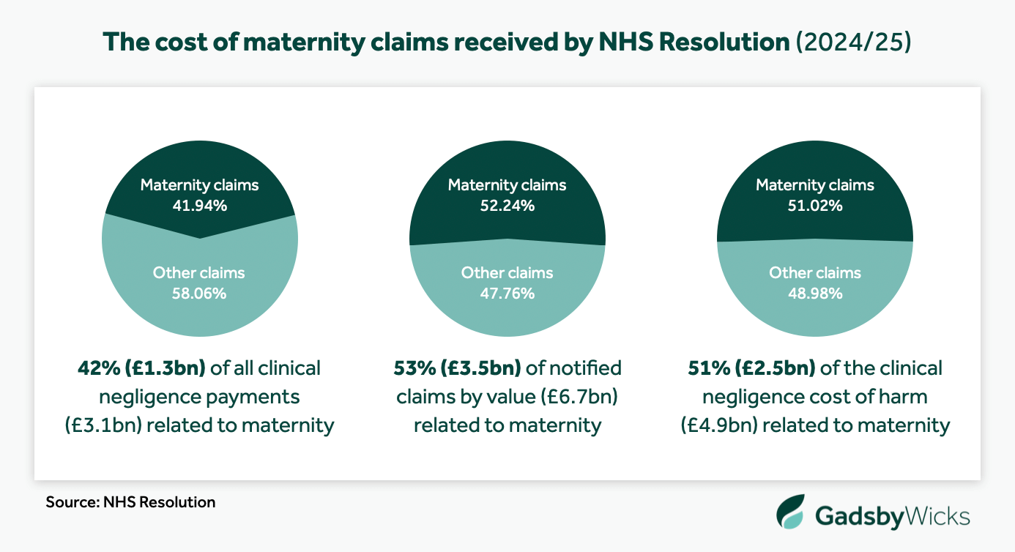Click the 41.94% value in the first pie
199,206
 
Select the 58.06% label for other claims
199,294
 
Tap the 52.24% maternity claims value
507,206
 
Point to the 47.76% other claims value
507,294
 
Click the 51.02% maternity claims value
815,206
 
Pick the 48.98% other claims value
815,294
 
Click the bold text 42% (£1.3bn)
142,368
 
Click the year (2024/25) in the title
853,42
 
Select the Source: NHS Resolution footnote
130,502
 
